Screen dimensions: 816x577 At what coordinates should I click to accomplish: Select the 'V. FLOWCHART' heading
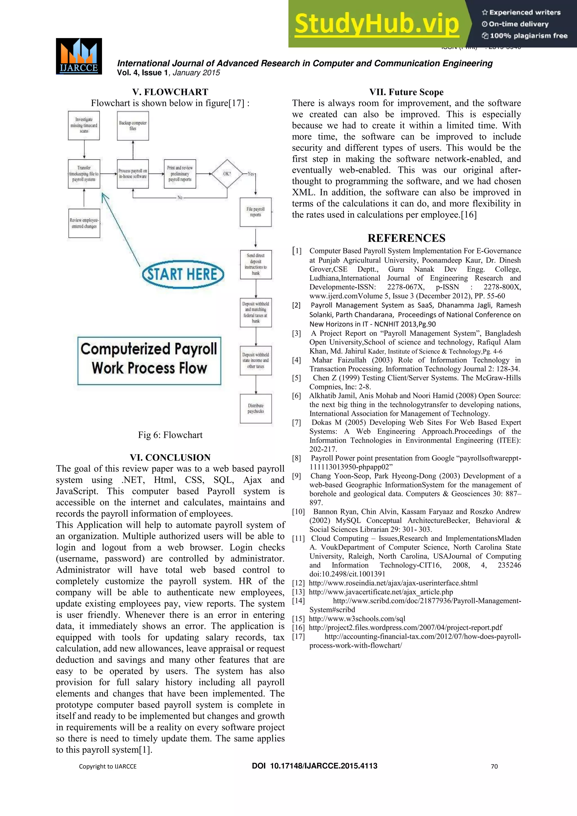pos(170,92)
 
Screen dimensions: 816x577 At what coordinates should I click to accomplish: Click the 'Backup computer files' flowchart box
pos(133,126)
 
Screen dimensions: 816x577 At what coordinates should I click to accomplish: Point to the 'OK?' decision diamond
pos(227,174)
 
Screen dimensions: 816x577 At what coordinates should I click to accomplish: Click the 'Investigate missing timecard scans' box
pos(84,125)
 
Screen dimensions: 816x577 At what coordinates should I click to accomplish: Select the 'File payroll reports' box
pos(256,212)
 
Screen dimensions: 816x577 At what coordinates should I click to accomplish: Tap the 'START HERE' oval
pos(183,274)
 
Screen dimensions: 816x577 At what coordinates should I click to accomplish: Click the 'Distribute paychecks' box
pos(256,408)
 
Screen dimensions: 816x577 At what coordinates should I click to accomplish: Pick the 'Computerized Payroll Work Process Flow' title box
pos(149,360)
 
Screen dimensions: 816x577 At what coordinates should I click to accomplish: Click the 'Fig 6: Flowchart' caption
pos(170,435)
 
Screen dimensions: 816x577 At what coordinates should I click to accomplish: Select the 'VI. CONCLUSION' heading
pos(170,457)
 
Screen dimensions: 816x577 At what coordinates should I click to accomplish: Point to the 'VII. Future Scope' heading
pos(406,92)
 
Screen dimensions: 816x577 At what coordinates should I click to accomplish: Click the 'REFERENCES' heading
pos(406,238)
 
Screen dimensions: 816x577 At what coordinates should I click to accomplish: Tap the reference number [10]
pos(298,511)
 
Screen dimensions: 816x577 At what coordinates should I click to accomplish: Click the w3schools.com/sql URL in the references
pos(357,619)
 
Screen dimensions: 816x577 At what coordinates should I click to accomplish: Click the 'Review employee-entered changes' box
pos(84,223)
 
